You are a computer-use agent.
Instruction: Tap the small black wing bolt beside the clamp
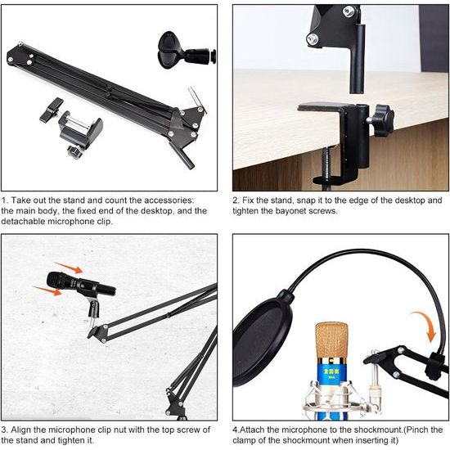click(52, 107)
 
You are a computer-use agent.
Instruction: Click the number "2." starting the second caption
click(237, 200)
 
